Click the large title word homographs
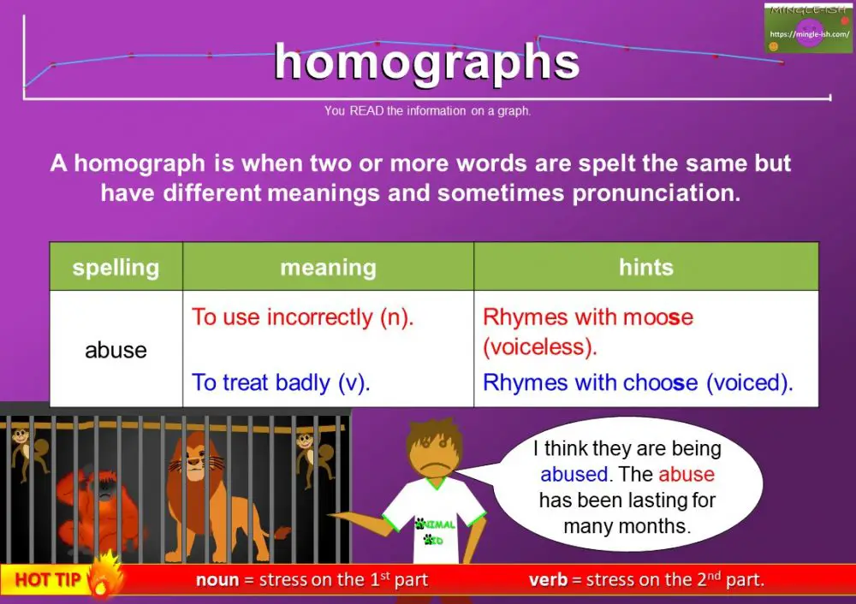tap(426, 62)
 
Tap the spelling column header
tap(116, 267)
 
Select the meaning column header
tap(328, 267)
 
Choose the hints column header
tap(645, 267)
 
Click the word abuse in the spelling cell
tap(116, 350)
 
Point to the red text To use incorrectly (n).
tap(302, 317)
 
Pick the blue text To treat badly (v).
tap(281, 382)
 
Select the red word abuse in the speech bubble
tap(686, 475)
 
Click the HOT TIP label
tap(48, 580)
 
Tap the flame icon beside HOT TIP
tap(106, 577)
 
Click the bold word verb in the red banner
tap(548, 580)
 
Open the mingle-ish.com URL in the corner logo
tap(808, 34)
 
